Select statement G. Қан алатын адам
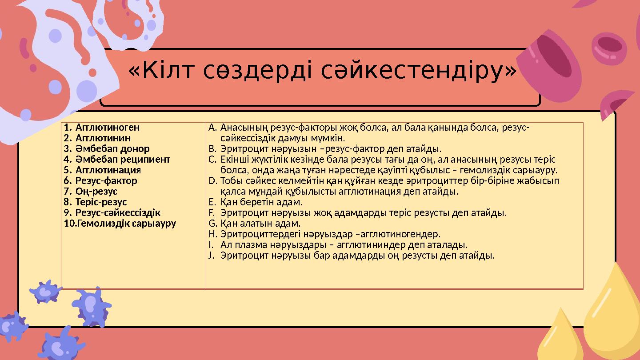(260, 223)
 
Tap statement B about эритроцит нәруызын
(331, 148)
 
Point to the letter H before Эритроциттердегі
(212, 234)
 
